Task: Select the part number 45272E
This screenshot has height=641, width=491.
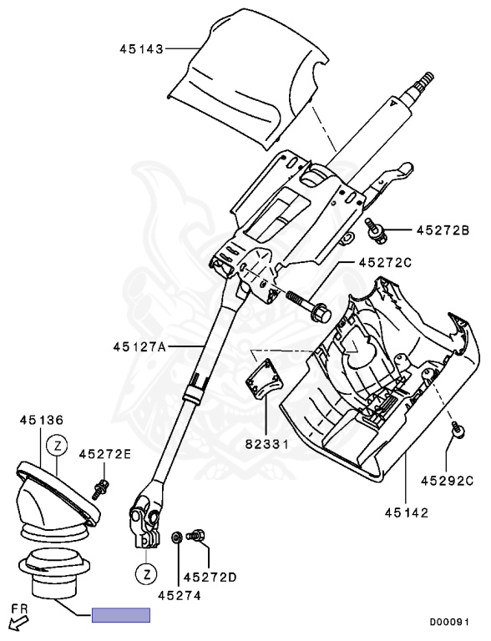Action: (104, 455)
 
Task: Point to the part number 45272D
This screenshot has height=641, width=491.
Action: (210, 577)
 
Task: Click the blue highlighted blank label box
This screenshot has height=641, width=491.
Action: (120, 616)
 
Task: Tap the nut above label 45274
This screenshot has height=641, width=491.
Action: (177, 537)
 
